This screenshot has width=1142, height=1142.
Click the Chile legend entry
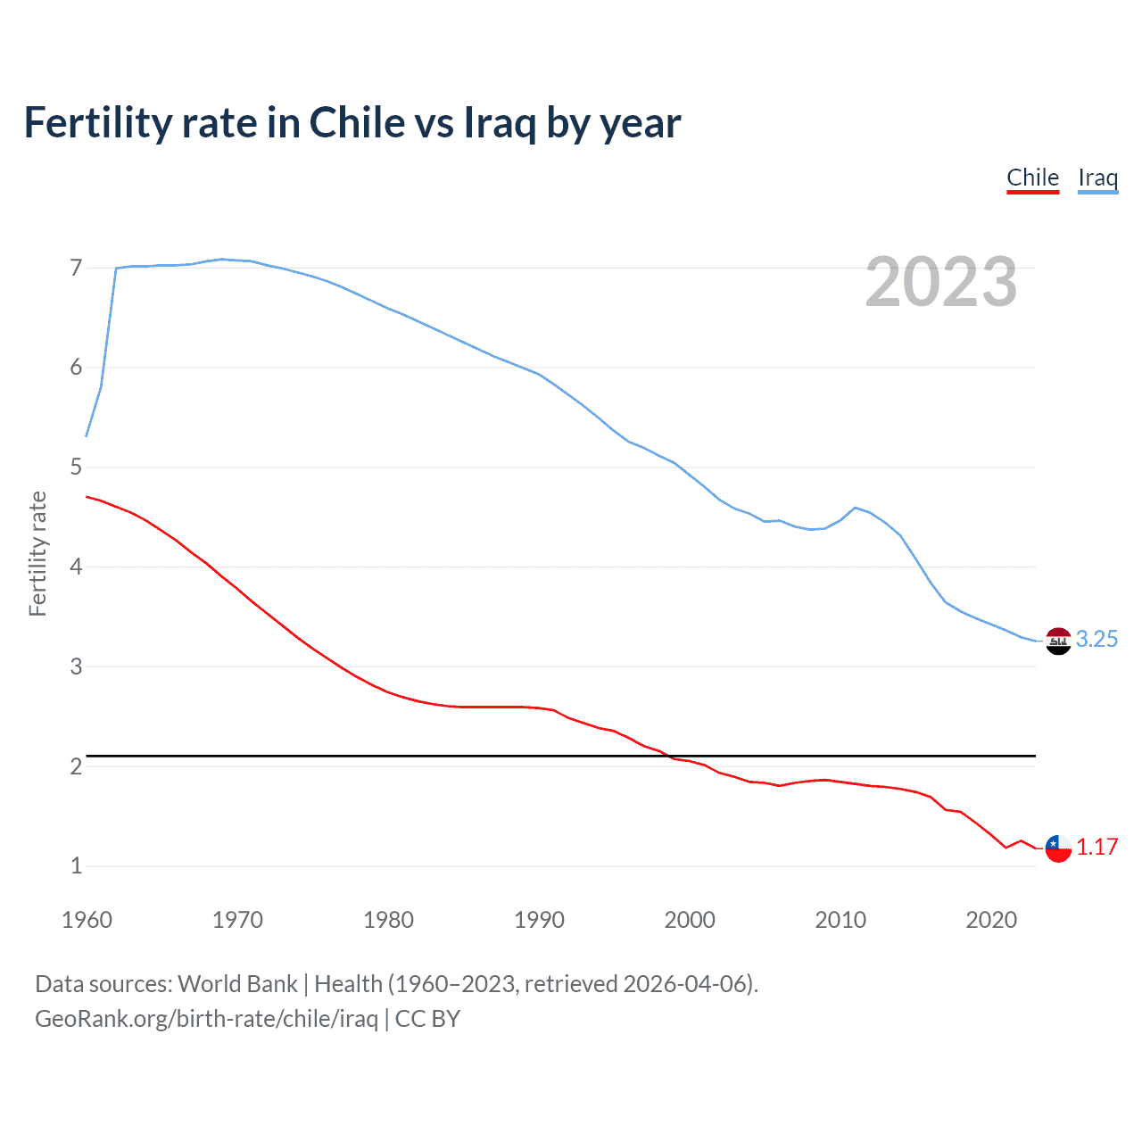pos(1032,178)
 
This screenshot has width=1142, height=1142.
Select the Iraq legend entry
pos(1097,178)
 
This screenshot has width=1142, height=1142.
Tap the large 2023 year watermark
pos(940,282)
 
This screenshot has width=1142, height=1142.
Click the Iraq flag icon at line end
pos(1058,641)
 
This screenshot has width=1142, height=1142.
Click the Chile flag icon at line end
pos(1058,848)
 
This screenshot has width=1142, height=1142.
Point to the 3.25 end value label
pos(1096,639)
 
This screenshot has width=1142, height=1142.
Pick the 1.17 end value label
pos(1096,847)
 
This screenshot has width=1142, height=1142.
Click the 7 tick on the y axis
pos(76,268)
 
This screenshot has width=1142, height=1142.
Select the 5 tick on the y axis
pos(76,467)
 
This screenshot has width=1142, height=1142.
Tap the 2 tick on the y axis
pos(76,766)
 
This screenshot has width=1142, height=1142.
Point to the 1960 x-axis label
pos(87,920)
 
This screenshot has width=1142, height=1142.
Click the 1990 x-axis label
pos(539,920)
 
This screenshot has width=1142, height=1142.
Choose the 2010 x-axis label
pos(840,920)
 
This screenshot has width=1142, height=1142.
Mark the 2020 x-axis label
pos(991,920)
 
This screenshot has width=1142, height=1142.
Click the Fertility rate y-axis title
pos(37,553)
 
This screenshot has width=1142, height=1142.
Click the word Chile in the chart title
pos(357,123)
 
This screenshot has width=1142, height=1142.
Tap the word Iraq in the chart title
pos(500,123)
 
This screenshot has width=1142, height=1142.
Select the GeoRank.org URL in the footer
pos(206,1019)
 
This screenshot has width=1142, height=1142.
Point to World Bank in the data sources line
pos(237,984)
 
